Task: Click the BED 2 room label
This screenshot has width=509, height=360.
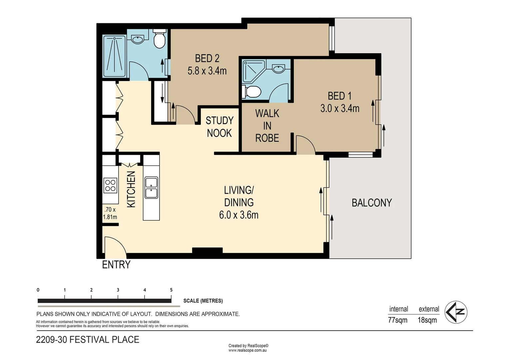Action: coord(207,58)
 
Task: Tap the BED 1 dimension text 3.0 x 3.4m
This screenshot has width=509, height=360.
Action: coord(339,108)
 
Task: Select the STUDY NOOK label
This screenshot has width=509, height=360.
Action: coord(219,127)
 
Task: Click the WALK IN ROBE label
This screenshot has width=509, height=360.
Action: coord(267,126)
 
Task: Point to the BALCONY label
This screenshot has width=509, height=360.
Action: coord(371,203)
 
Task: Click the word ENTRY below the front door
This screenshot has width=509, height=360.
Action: coord(116,265)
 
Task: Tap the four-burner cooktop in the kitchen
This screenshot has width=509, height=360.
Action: coord(110,186)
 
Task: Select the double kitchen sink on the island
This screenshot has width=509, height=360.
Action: coord(151,188)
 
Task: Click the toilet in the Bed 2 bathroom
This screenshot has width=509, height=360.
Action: coord(160,39)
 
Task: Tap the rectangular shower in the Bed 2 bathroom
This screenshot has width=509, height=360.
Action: coord(114,56)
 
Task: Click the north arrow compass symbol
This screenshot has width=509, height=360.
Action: coord(456,312)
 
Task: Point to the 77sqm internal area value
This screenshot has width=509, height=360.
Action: coord(397,320)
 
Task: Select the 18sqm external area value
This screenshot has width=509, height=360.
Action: coord(427,320)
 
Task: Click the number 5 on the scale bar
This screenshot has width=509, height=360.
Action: coord(171,290)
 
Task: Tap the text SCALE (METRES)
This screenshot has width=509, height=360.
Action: coord(203,301)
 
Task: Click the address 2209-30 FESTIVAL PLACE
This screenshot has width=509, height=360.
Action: coord(88,340)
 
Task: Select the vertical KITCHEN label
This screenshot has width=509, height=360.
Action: coord(131,189)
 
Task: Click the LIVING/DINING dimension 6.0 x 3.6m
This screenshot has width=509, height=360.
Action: coord(239,215)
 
